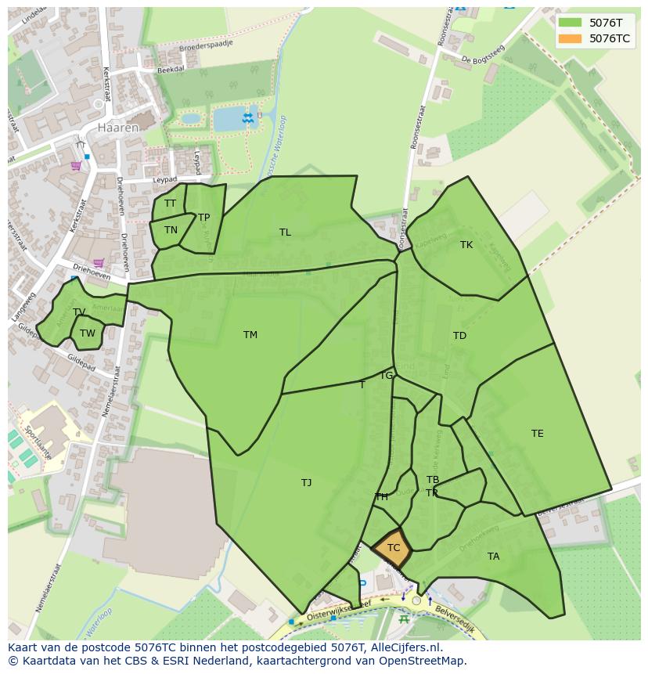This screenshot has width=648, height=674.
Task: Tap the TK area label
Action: [466, 245]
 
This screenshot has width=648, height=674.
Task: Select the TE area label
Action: [537, 434]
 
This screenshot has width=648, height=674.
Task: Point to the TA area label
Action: [493, 557]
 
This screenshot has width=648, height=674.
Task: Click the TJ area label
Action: [307, 483]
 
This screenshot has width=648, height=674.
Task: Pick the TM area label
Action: [250, 335]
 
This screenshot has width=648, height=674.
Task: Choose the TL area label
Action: [285, 232]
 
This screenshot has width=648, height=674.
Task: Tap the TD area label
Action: [459, 336]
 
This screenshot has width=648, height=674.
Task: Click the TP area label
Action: [204, 218]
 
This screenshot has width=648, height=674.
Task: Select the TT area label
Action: [171, 204]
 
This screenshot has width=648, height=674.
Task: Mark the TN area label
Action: [171, 230]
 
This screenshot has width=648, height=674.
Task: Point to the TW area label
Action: [88, 333]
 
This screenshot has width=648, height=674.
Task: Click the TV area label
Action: [79, 312]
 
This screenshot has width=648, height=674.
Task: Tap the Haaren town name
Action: [118, 127]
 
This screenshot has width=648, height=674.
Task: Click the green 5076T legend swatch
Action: [570, 23]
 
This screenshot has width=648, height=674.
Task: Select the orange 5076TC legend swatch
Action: [570, 38]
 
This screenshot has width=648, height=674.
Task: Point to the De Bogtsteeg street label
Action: [483, 55]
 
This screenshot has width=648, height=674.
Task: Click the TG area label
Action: [387, 376]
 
